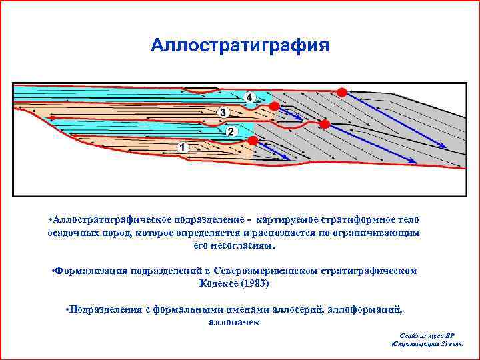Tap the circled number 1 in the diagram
pos(183,147)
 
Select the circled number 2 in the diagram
pos(231,132)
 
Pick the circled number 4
pos(250,97)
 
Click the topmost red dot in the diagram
pos(341,92)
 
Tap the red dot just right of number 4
pos(273,106)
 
